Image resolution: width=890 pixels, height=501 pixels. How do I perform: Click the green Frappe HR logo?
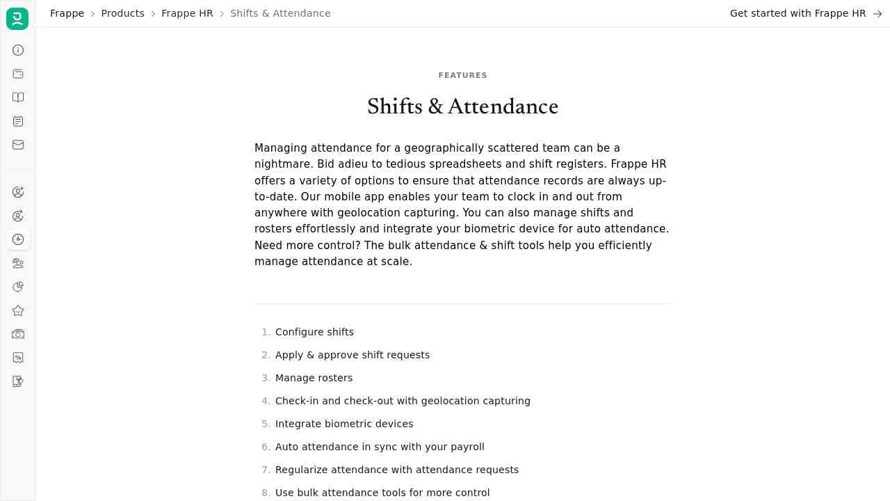click(x=17, y=19)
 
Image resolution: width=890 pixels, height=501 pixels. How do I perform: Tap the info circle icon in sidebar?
click(x=18, y=50)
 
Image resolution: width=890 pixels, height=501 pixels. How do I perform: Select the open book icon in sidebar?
click(x=18, y=97)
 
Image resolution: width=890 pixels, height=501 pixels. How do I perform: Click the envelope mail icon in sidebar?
click(x=18, y=145)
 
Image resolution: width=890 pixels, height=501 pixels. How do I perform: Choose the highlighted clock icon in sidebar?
click(x=18, y=239)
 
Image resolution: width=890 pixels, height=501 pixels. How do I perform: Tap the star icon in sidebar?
click(x=18, y=310)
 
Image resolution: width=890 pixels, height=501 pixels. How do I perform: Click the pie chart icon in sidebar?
click(x=18, y=287)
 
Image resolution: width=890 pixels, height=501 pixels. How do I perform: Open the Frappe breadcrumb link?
click(x=67, y=13)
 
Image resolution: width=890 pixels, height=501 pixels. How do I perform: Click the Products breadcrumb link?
click(x=122, y=13)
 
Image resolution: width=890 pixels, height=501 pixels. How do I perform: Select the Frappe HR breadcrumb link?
click(x=187, y=13)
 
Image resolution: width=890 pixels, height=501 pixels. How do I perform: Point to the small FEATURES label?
click(x=462, y=75)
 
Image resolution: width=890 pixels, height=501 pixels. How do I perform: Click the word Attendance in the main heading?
click(x=503, y=106)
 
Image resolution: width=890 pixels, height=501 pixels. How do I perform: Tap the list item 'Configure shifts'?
click(x=314, y=332)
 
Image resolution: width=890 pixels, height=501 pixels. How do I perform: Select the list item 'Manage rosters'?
click(x=314, y=378)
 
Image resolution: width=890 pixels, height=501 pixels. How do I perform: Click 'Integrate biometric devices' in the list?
click(x=344, y=424)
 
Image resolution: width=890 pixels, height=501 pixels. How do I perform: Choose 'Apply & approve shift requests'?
click(x=353, y=355)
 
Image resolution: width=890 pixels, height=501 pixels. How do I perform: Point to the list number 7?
click(x=265, y=470)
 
